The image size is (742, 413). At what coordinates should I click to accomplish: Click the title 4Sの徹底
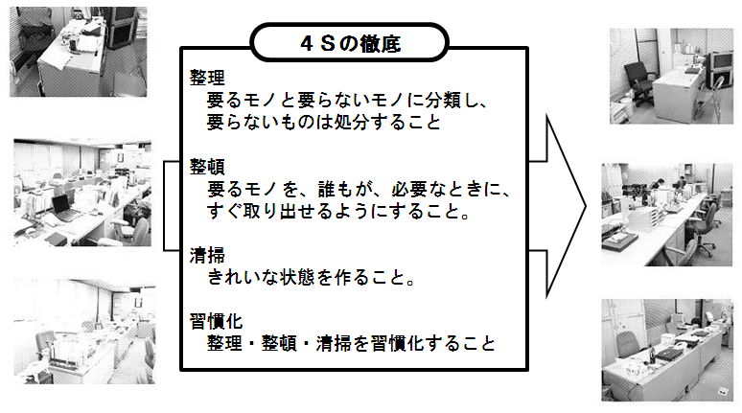(351, 43)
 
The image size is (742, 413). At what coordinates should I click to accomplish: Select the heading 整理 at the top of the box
(207, 78)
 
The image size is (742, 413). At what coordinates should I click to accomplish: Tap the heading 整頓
(207, 167)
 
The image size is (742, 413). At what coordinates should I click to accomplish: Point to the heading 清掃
(207, 256)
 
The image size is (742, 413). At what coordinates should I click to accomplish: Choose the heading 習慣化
(217, 322)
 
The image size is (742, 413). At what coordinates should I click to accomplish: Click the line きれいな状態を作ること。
(312, 278)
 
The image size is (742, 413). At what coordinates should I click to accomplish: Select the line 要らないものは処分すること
(324, 123)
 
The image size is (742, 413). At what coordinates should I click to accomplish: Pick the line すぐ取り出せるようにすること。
(338, 211)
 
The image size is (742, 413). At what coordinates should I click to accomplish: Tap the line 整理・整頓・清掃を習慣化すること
(351, 343)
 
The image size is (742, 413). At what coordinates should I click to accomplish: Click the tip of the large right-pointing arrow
(586, 206)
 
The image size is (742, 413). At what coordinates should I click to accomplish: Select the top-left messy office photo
(79, 52)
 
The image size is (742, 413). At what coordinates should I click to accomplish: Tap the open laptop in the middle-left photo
(64, 208)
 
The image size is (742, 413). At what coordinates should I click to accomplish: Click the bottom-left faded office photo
(84, 332)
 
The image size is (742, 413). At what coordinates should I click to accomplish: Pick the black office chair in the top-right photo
(639, 83)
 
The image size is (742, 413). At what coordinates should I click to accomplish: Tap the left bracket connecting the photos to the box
(164, 206)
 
